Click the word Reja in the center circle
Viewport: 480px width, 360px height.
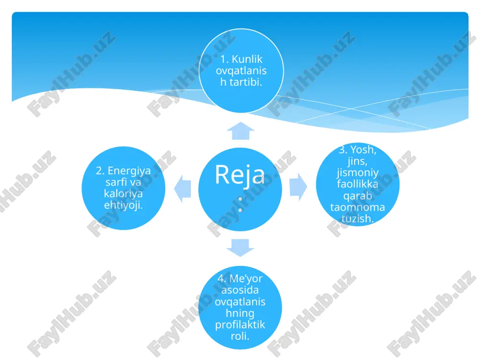(x=240, y=175)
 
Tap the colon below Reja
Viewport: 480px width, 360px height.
(x=240, y=204)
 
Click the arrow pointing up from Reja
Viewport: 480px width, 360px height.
(x=240, y=131)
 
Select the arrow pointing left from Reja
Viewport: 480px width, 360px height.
(x=183, y=189)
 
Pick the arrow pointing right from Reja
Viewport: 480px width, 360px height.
(x=298, y=187)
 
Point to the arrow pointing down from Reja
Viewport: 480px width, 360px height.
(x=240, y=247)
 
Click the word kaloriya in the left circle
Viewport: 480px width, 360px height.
(x=123, y=194)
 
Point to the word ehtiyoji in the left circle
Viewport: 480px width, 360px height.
(x=123, y=205)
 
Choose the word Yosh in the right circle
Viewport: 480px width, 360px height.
(x=363, y=150)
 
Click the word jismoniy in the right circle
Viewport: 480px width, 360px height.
(x=358, y=173)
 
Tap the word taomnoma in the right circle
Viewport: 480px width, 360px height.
(x=358, y=207)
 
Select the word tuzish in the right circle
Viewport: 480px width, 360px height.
(x=358, y=218)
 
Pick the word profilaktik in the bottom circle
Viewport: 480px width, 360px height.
(x=240, y=325)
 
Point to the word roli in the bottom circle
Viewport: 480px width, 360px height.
(x=240, y=336)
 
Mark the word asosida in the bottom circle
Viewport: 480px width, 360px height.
(x=240, y=290)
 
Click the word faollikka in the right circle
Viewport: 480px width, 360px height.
(x=358, y=184)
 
